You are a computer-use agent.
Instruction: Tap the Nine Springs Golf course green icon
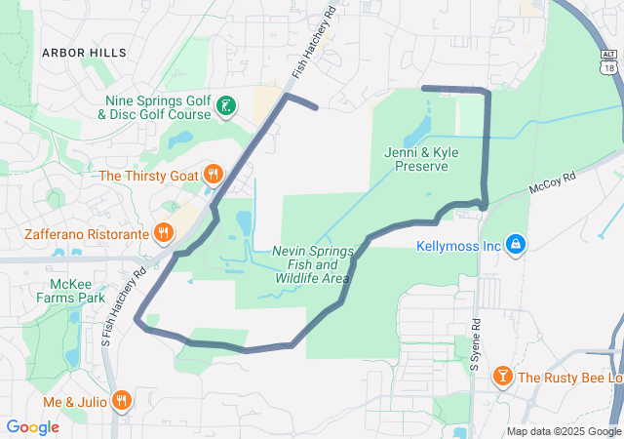[x=226, y=105]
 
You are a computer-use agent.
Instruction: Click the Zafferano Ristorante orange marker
[x=163, y=234]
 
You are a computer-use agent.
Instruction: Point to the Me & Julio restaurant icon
[x=122, y=398]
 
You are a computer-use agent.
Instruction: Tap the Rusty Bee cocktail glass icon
[x=502, y=377]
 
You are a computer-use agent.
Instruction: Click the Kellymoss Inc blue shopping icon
[x=516, y=245]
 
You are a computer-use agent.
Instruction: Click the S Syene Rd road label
[x=476, y=346]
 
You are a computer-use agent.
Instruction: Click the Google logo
[x=32, y=427]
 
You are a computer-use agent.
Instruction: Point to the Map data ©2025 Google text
[x=563, y=431]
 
